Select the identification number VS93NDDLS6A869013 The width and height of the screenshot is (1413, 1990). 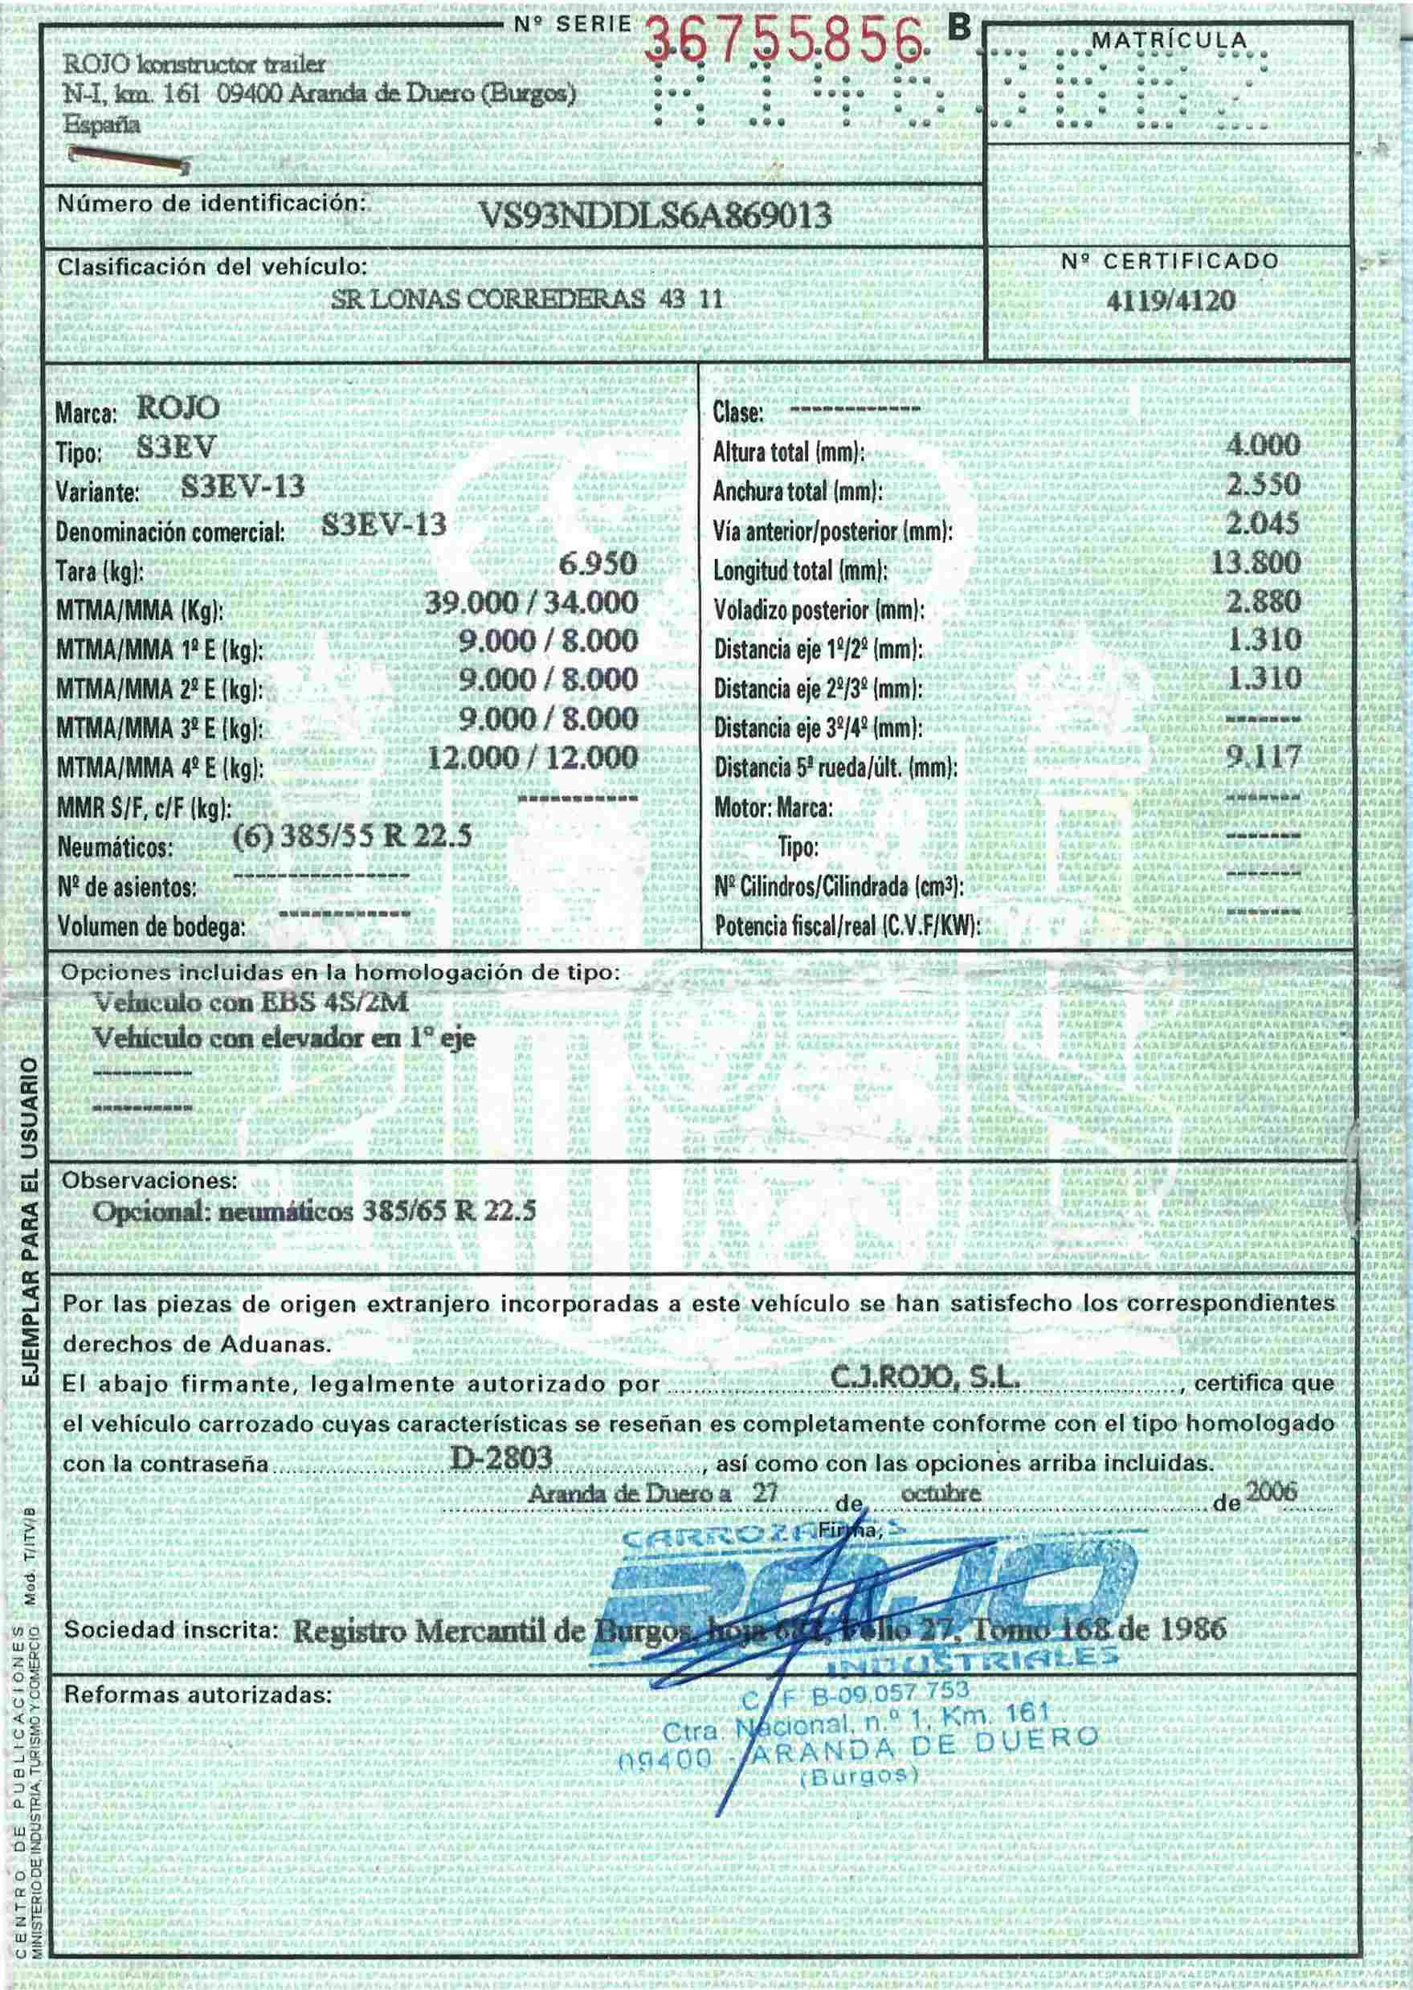(x=655, y=214)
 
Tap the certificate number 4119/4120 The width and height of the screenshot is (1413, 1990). (x=1170, y=301)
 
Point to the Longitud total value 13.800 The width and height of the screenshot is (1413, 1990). (x=1256, y=562)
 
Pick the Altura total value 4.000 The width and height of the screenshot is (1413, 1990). (x=1263, y=446)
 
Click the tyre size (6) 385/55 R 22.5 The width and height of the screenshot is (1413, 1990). (x=353, y=836)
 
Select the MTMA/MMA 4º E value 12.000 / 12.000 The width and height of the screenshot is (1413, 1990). (x=533, y=758)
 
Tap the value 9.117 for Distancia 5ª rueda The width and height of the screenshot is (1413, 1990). (x=1264, y=757)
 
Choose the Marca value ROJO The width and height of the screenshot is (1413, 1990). (x=178, y=408)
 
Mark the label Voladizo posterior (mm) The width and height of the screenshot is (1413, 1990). (x=818, y=611)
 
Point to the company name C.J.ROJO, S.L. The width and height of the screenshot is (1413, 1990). (x=925, y=1379)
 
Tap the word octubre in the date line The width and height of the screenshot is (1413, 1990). (x=941, y=1494)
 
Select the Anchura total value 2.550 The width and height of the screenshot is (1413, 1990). (x=1264, y=484)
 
